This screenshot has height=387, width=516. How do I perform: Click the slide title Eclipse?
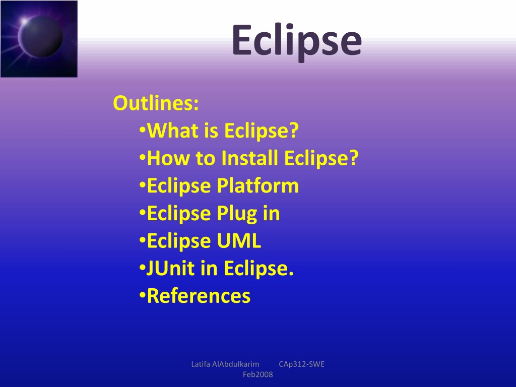(x=297, y=42)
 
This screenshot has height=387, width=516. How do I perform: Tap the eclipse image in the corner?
(x=39, y=39)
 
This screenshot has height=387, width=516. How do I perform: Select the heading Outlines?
(x=156, y=103)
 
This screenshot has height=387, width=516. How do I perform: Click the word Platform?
(x=257, y=185)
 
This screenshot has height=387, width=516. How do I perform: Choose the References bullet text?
(x=199, y=296)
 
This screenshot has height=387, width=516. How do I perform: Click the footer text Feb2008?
(x=257, y=374)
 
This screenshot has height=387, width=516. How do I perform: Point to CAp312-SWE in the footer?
(x=301, y=364)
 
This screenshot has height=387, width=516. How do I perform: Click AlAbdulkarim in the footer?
(x=236, y=364)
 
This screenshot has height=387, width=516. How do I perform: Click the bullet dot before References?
(x=142, y=295)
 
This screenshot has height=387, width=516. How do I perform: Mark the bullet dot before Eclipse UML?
(x=142, y=239)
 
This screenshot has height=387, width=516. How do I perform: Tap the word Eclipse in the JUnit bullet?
(x=259, y=269)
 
